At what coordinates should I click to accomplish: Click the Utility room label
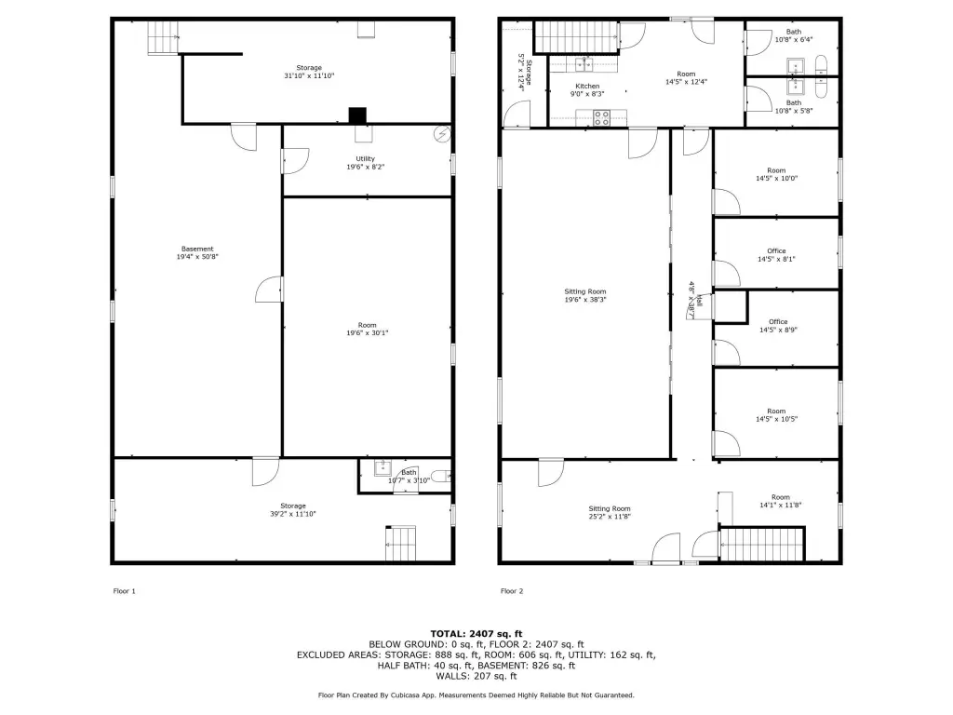pyautogui.click(x=365, y=162)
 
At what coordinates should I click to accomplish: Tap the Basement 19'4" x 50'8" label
pyautogui.click(x=197, y=252)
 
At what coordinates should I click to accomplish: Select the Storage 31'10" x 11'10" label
pyautogui.click(x=309, y=72)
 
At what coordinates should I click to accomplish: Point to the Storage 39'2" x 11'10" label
pyautogui.click(x=293, y=509)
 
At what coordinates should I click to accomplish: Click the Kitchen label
pyautogui.click(x=587, y=90)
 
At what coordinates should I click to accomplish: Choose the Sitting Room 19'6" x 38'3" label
pyautogui.click(x=585, y=295)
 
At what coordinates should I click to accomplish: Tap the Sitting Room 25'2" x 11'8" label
pyautogui.click(x=610, y=513)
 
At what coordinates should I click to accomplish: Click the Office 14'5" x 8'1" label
pyautogui.click(x=776, y=255)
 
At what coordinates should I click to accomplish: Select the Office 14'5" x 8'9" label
pyautogui.click(x=778, y=326)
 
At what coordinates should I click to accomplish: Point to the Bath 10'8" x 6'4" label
pyautogui.click(x=794, y=35)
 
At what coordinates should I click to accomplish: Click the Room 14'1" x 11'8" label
pyautogui.click(x=781, y=501)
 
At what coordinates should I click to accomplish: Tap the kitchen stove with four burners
pyautogui.click(x=602, y=118)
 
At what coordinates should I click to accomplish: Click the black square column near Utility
pyautogui.click(x=357, y=115)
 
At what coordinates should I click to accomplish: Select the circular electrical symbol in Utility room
pyautogui.click(x=442, y=134)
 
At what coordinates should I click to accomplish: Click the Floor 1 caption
pyautogui.click(x=124, y=591)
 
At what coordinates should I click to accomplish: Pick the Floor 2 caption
pyautogui.click(x=512, y=591)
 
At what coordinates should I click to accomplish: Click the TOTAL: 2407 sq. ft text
pyautogui.click(x=476, y=633)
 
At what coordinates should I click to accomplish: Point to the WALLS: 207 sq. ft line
pyautogui.click(x=476, y=676)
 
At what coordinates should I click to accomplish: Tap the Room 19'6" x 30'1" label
pyautogui.click(x=367, y=329)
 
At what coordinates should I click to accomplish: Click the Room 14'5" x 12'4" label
pyautogui.click(x=686, y=78)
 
